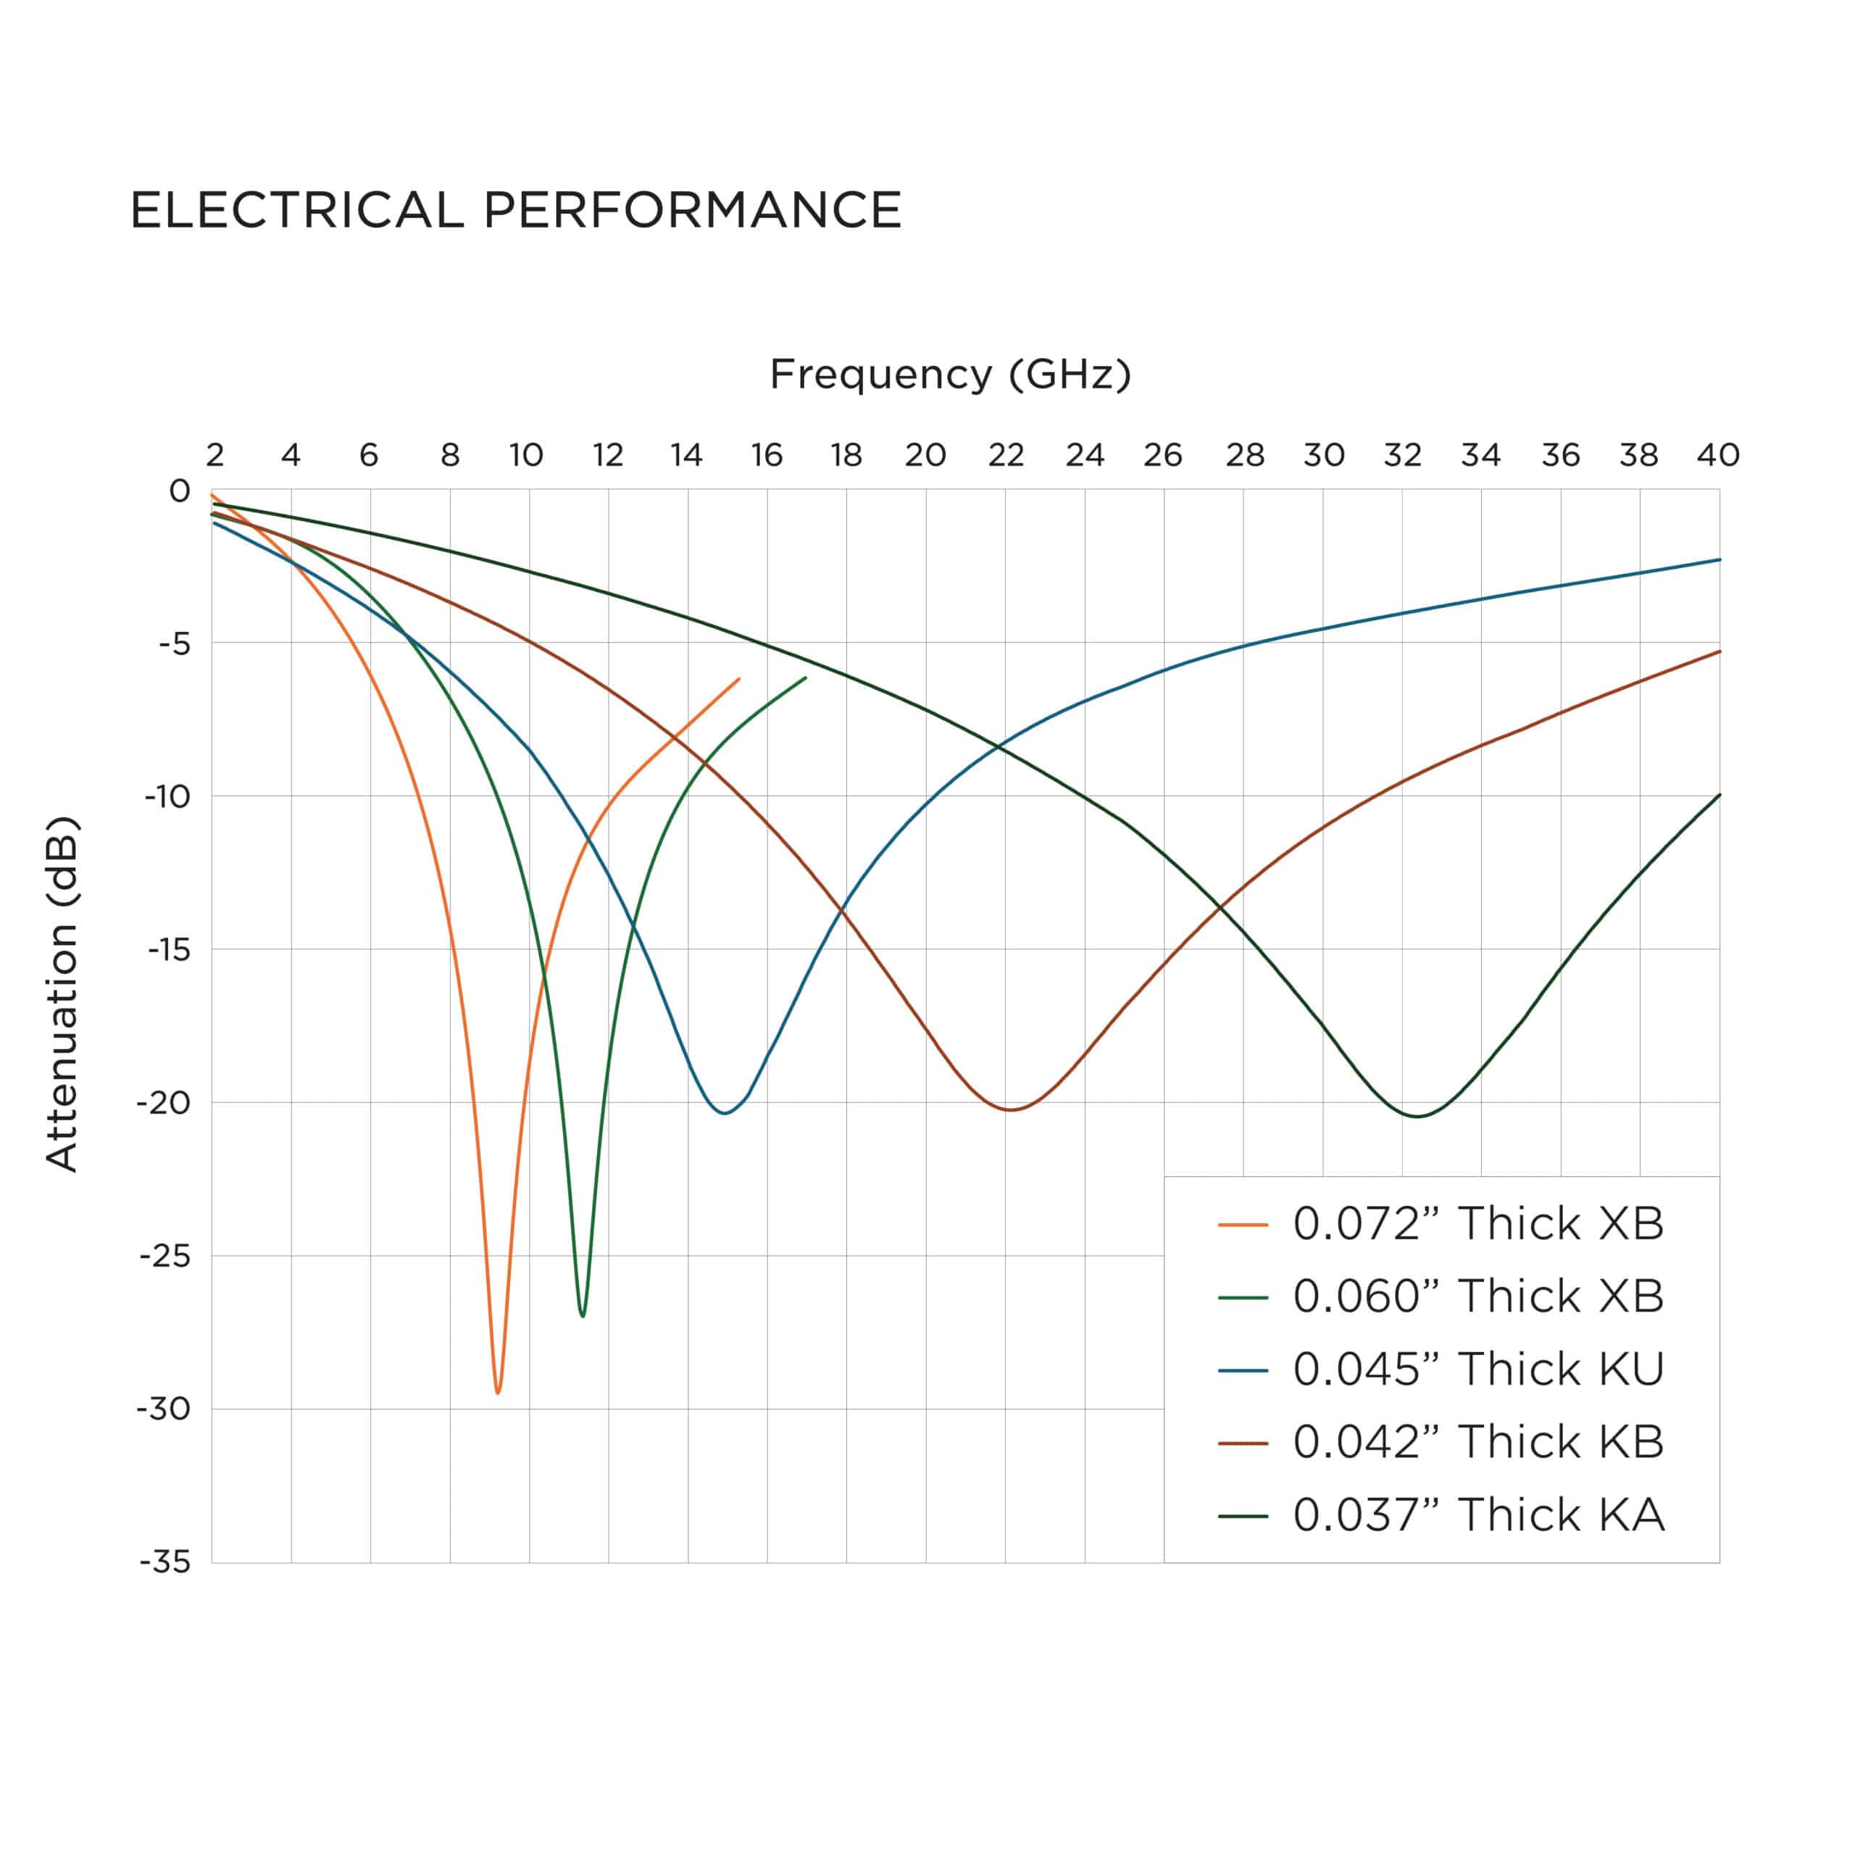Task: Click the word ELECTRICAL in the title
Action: pyautogui.click(x=296, y=210)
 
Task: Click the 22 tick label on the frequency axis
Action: pyautogui.click(x=1005, y=455)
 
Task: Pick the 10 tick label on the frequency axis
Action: pyautogui.click(x=527, y=455)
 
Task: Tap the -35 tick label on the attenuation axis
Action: pyautogui.click(x=165, y=1562)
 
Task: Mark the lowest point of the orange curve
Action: pyautogui.click(x=497, y=1392)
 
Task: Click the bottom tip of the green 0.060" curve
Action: pyautogui.click(x=583, y=1315)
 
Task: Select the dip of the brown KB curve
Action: pyautogui.click(x=1011, y=1110)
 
